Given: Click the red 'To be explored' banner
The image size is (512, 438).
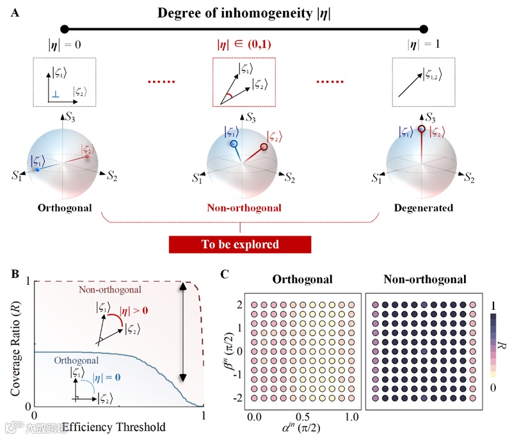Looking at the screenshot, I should pyautogui.click(x=239, y=245).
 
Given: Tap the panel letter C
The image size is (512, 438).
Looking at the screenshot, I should pyautogui.click(x=223, y=274).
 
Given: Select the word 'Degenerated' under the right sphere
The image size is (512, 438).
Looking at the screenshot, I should pyautogui.click(x=424, y=208).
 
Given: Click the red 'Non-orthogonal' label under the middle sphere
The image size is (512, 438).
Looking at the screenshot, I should pyautogui.click(x=243, y=208).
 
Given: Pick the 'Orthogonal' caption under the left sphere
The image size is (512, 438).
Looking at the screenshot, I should pyautogui.click(x=65, y=208).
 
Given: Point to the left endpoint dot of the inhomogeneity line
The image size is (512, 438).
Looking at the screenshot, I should pyautogui.click(x=63, y=29).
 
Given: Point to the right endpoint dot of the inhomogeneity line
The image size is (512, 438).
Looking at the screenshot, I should pyautogui.click(x=423, y=29).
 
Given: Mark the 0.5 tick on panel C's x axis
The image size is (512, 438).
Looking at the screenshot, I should pyautogui.click(x=303, y=417).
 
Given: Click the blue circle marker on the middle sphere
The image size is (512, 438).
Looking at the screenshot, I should pyautogui.click(x=234, y=145).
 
